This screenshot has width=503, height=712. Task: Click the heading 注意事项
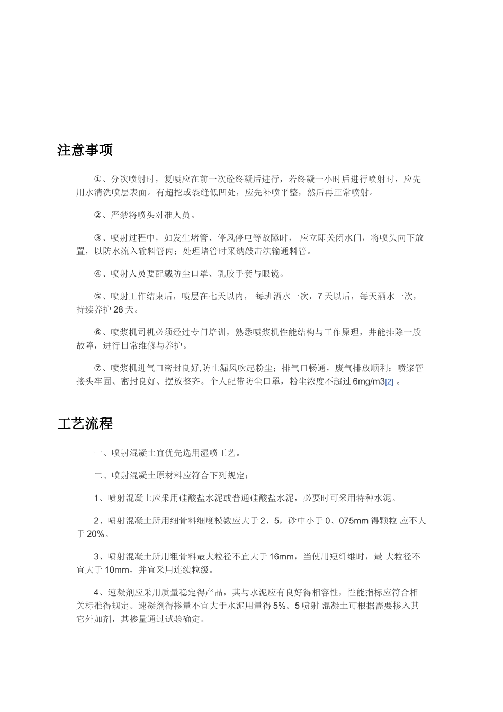pyautogui.click(x=85, y=150)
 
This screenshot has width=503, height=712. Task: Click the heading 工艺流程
pyautogui.click(x=85, y=424)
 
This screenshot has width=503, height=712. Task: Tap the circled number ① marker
pyautogui.click(x=97, y=179)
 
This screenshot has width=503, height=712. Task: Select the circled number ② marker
pyautogui.click(x=97, y=215)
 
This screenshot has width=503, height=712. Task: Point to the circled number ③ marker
pyautogui.click(x=97, y=238)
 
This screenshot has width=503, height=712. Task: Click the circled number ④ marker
pyautogui.click(x=97, y=274)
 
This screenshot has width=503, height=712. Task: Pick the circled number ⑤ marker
pyautogui.click(x=97, y=297)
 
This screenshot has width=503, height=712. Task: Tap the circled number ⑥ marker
pyautogui.click(x=97, y=333)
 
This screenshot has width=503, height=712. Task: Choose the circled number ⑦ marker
pyautogui.click(x=97, y=368)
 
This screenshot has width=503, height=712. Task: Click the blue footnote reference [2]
pyautogui.click(x=389, y=382)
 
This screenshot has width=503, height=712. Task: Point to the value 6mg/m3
pyautogui.click(x=369, y=382)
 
